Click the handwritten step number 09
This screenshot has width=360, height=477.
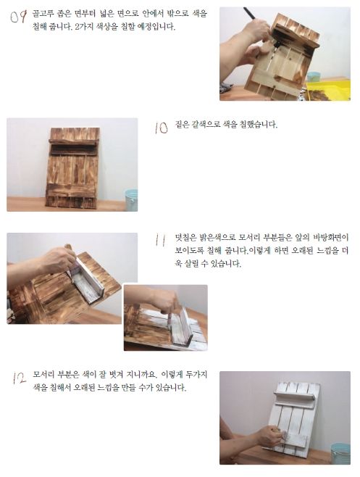(x=19, y=17)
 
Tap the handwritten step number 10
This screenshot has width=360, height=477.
(x=161, y=128)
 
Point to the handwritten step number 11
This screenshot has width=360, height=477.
(x=160, y=240)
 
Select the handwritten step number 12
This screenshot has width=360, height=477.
(x=19, y=378)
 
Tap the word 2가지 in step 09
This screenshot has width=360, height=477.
(x=83, y=27)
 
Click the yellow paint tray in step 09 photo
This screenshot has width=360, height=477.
(x=328, y=89)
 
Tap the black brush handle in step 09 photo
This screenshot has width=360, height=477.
(x=250, y=14)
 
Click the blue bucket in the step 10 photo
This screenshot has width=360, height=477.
(x=131, y=200)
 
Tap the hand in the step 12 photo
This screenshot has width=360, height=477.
(x=268, y=436)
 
